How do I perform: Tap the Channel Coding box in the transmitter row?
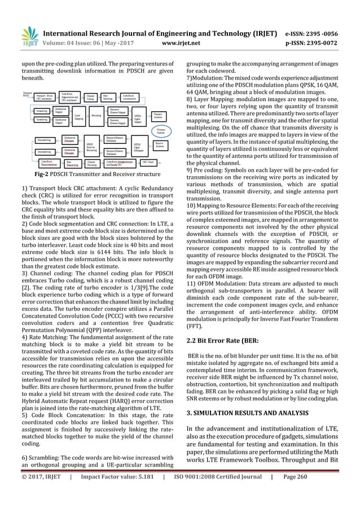(91, 98)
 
